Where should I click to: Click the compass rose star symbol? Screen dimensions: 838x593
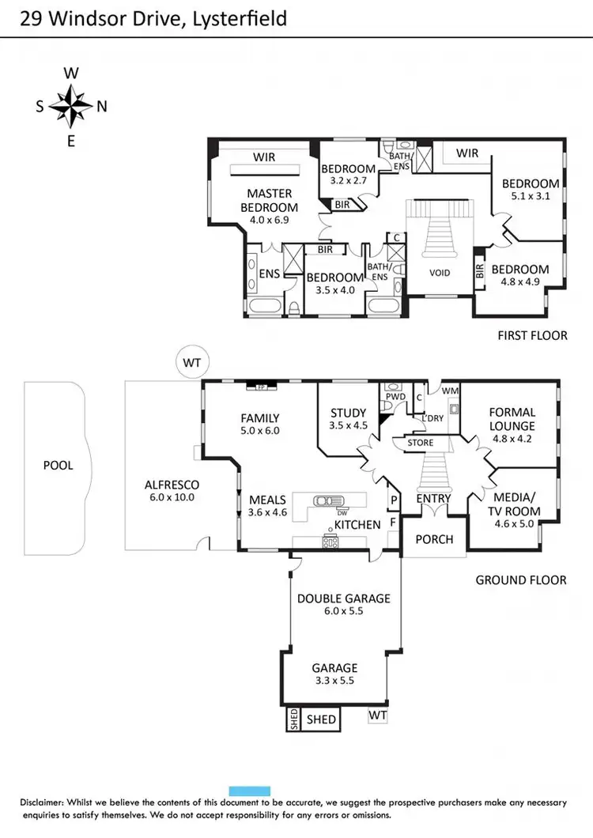70,107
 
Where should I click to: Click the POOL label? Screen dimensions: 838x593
58,466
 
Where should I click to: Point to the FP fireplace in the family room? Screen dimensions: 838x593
259,387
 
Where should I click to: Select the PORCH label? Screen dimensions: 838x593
434,539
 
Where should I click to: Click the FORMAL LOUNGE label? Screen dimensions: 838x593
512,419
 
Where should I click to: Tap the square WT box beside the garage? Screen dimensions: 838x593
377,715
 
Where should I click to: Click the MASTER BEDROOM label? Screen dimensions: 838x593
270,200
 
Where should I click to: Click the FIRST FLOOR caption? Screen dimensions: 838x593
532,335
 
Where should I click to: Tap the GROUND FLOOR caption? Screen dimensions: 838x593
520,580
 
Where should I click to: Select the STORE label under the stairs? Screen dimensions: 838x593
420,443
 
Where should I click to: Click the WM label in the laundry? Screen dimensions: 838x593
449,391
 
